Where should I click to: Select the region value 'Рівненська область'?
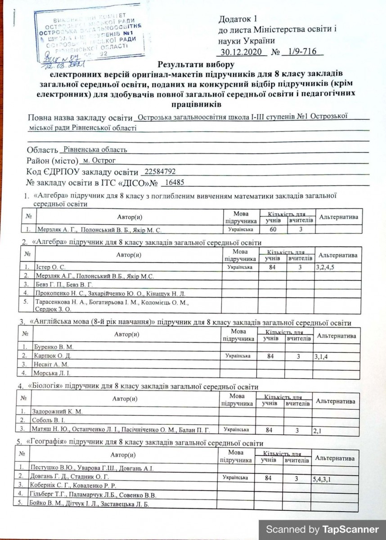click(x=95, y=149)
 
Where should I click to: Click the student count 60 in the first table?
click(x=273, y=229)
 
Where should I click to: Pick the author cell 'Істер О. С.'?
click(x=49, y=267)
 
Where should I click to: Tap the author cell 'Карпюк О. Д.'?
click(x=50, y=356)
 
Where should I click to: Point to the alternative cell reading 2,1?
click(x=318, y=430)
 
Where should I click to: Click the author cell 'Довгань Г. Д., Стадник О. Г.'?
click(x=69, y=476)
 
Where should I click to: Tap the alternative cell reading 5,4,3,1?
click(x=322, y=479)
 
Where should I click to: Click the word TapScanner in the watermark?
click(x=350, y=530)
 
